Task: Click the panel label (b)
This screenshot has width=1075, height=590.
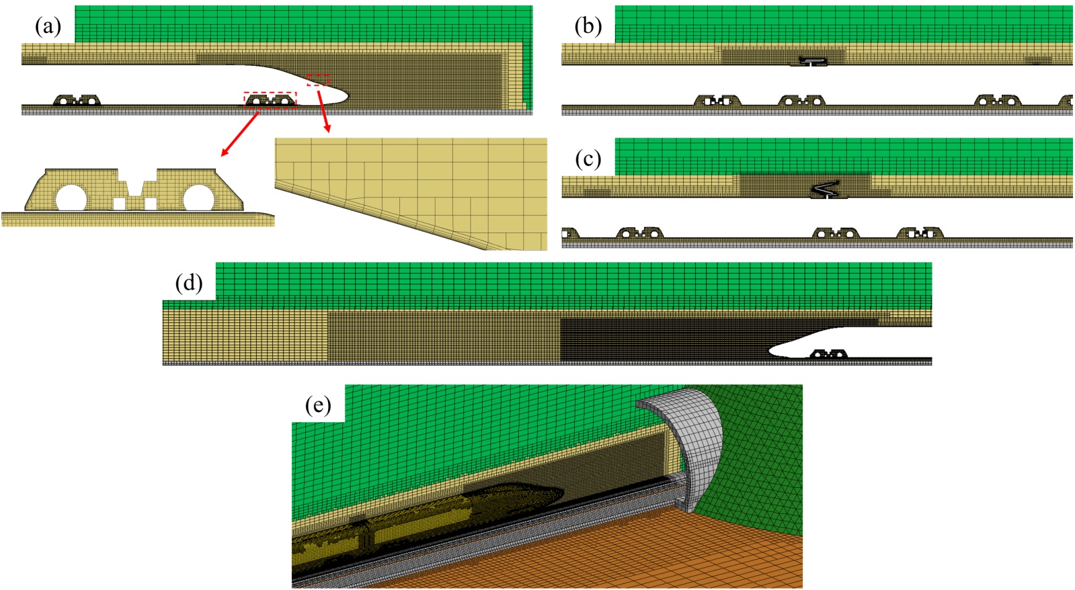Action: (588, 26)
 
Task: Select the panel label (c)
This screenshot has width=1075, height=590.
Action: (588, 159)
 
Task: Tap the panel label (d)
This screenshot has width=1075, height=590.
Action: (189, 283)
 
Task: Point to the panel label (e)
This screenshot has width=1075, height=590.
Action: (318, 405)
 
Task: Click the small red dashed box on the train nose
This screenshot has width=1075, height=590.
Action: (318, 80)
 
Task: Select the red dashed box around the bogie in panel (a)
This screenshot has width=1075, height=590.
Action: (270, 100)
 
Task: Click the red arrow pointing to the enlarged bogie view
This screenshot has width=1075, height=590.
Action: (240, 134)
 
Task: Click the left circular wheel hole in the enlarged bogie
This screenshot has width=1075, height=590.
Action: (71, 198)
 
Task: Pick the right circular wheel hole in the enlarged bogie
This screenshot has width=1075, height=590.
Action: (198, 198)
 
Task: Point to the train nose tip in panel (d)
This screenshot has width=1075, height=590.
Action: (770, 349)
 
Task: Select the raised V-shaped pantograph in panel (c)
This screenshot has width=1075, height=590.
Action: (828, 189)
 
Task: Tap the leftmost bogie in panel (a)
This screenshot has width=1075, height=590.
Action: (77, 101)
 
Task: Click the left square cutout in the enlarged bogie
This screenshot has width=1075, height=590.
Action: (118, 203)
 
